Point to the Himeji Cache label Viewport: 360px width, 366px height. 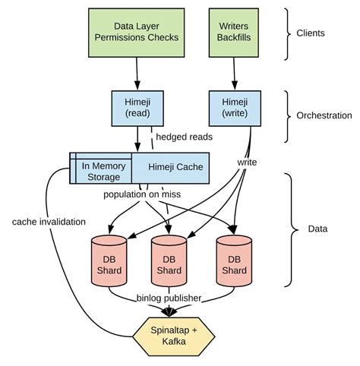168,166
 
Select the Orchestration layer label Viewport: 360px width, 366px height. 324,116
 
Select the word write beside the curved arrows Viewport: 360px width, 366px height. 248,162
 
